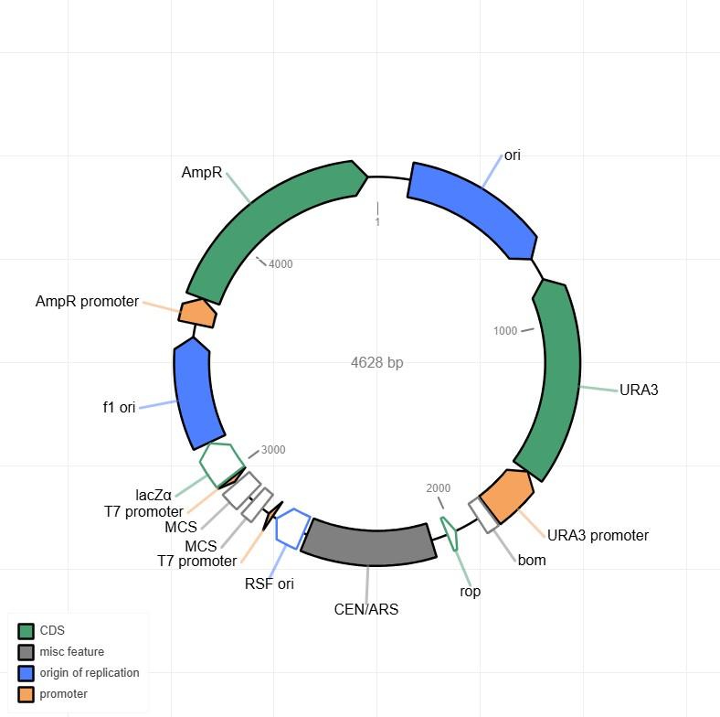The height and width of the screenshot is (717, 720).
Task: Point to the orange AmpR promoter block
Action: click(197, 314)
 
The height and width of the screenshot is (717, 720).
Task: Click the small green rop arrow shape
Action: click(450, 533)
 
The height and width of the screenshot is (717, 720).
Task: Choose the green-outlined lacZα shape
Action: click(221, 465)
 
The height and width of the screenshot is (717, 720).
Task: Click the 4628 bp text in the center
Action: click(377, 362)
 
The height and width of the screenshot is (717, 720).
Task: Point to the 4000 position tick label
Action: click(281, 263)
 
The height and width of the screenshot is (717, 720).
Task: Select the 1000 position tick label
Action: click(505, 331)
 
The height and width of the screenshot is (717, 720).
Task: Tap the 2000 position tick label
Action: click(438, 488)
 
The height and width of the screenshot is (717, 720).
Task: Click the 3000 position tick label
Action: click(273, 450)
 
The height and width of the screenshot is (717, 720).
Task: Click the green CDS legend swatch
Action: click(26, 631)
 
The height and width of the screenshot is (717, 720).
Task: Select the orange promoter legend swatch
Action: click(26, 694)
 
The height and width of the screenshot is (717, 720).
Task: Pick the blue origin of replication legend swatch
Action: click(26, 673)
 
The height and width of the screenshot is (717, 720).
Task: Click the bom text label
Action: click(532, 560)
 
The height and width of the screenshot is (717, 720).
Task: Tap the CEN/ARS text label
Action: click(366, 609)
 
